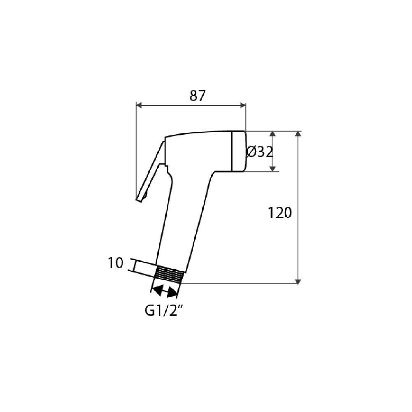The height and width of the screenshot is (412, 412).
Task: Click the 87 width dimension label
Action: point(197,96)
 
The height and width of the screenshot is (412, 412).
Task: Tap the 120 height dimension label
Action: point(280,213)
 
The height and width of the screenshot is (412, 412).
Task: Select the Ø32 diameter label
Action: point(260,152)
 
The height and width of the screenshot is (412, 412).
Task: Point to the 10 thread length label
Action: point(115,263)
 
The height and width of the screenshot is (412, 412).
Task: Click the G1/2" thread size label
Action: point(164,311)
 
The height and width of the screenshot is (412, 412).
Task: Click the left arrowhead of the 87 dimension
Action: point(139,105)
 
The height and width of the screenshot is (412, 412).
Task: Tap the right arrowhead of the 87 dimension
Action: point(243,105)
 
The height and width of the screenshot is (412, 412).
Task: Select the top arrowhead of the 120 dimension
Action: point(298,134)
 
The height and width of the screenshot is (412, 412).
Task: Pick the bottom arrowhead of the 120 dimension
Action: point(298,281)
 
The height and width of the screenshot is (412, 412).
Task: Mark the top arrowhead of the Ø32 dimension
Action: point(272,134)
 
